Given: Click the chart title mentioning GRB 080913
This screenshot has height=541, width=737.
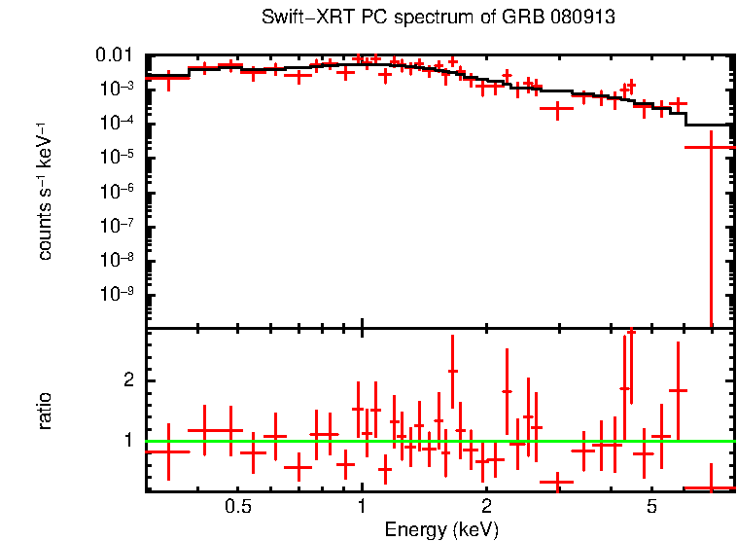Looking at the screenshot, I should [x=439, y=18].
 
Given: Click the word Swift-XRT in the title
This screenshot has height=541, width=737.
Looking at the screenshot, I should [x=299, y=18].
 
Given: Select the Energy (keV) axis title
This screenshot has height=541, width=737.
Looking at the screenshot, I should [x=441, y=529].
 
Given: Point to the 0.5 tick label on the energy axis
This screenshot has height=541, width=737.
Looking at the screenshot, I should [x=237, y=507].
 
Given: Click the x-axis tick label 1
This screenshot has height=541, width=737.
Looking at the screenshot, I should [x=362, y=507].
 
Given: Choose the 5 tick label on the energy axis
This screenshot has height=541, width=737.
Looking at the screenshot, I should [x=651, y=507].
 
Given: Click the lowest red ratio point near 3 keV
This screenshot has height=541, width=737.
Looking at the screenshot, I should [x=557, y=482].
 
